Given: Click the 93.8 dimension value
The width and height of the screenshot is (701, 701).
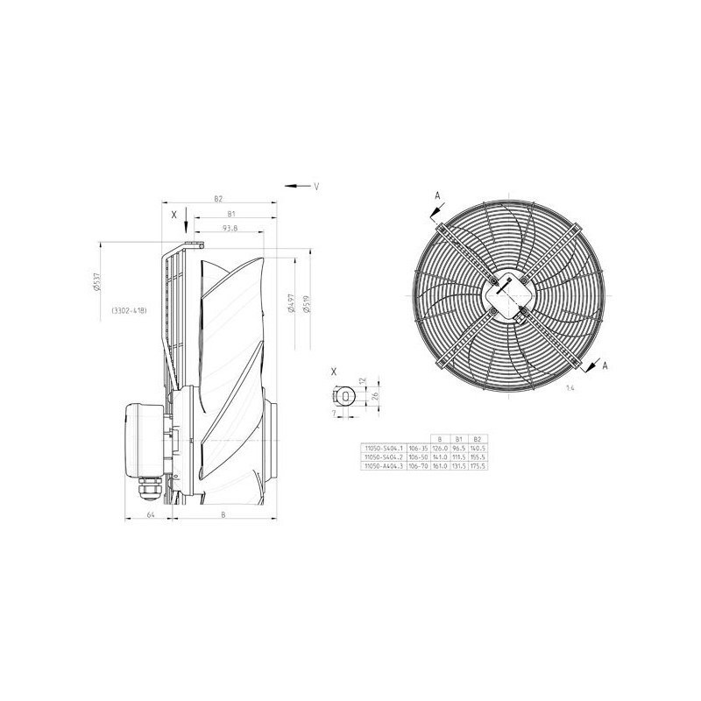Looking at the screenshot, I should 230,229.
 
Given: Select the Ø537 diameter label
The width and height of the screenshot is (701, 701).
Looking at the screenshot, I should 97,284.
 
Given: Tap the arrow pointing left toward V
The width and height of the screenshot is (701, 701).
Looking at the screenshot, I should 295,186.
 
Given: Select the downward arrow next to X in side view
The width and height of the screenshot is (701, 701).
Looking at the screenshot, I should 187,226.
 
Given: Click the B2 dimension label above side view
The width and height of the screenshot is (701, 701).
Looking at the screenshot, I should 220,200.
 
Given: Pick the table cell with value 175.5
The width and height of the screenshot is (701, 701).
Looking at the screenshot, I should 477,465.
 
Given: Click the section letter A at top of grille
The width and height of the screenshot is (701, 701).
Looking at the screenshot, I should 435,195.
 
